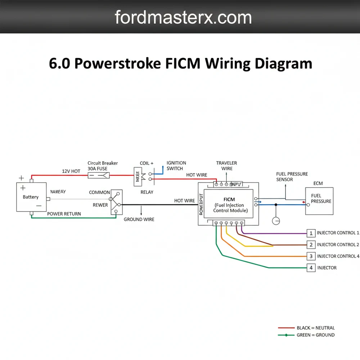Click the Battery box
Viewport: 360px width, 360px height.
(x=31, y=197)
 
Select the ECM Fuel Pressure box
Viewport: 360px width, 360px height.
(x=319, y=201)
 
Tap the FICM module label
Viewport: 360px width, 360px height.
(x=229, y=199)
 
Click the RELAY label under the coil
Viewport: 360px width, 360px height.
(x=147, y=192)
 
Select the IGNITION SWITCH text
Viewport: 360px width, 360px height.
(x=176, y=166)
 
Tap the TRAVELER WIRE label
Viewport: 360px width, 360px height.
(x=227, y=166)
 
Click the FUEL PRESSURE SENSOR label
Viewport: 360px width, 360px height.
(x=292, y=177)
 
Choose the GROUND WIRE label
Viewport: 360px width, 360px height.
(x=139, y=219)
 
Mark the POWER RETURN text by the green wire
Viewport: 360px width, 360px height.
(x=64, y=214)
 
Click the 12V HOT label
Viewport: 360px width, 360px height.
(x=71, y=171)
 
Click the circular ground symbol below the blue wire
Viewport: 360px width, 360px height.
(x=276, y=221)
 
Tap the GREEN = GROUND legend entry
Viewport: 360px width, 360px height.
(x=315, y=335)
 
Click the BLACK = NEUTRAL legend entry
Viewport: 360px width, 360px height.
(x=315, y=328)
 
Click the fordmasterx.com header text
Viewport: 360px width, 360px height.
(x=183, y=17)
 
